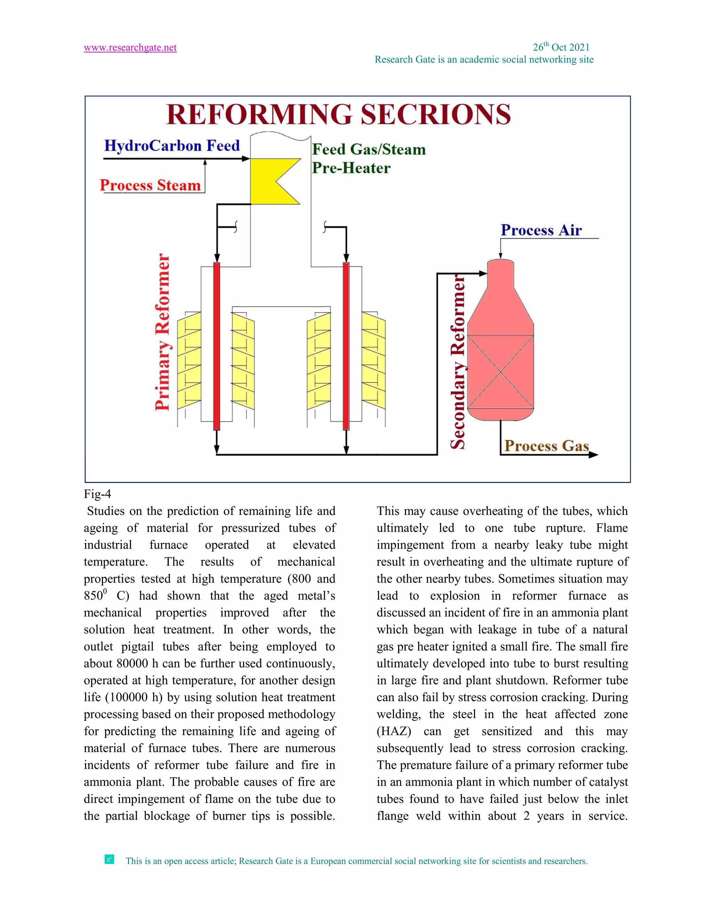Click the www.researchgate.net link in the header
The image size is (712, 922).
130,48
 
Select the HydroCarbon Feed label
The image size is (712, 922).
172,146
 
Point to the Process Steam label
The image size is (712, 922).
150,185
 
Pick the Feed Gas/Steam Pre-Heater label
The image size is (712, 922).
368,159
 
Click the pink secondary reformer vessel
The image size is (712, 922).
500,359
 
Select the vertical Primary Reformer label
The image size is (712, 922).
162,332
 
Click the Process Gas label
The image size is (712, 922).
546,446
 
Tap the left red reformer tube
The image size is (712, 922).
216,346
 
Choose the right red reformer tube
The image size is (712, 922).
346,346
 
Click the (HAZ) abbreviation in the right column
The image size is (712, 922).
394,731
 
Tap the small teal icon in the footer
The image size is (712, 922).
109,859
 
